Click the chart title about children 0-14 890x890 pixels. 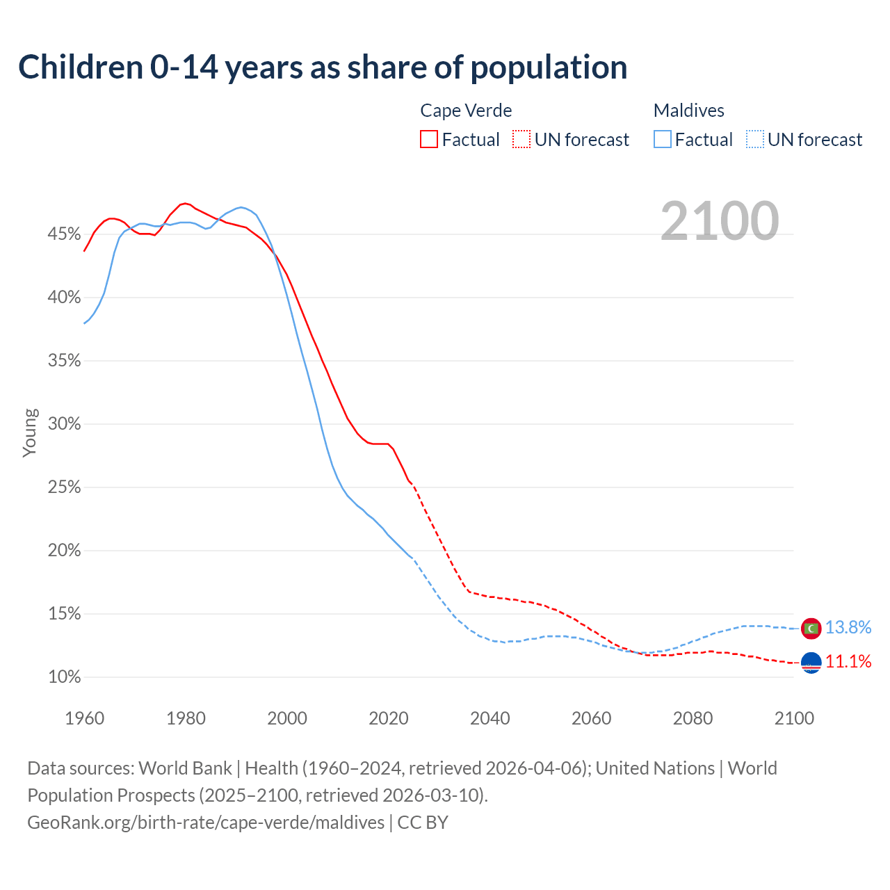[323, 67]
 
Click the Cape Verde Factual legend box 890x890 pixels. [429, 140]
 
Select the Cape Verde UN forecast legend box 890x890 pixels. [521, 140]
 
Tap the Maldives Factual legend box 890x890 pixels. [663, 140]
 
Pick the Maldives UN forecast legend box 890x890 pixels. [755, 140]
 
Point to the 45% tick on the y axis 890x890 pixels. [65, 234]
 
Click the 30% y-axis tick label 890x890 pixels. [65, 424]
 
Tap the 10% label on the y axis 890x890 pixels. [65, 677]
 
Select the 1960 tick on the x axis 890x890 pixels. [85, 718]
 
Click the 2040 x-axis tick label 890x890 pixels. [490, 718]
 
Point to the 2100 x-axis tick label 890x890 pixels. [794, 718]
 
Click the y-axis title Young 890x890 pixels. [30, 432]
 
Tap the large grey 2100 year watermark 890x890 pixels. [720, 221]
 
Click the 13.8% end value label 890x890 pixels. [848, 628]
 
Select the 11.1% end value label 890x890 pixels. [848, 661]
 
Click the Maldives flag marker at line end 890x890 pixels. [811, 629]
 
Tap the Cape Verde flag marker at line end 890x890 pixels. [811, 663]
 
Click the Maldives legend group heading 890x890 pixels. [689, 111]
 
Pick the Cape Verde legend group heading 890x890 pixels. [466, 111]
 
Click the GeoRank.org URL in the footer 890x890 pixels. [206, 823]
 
